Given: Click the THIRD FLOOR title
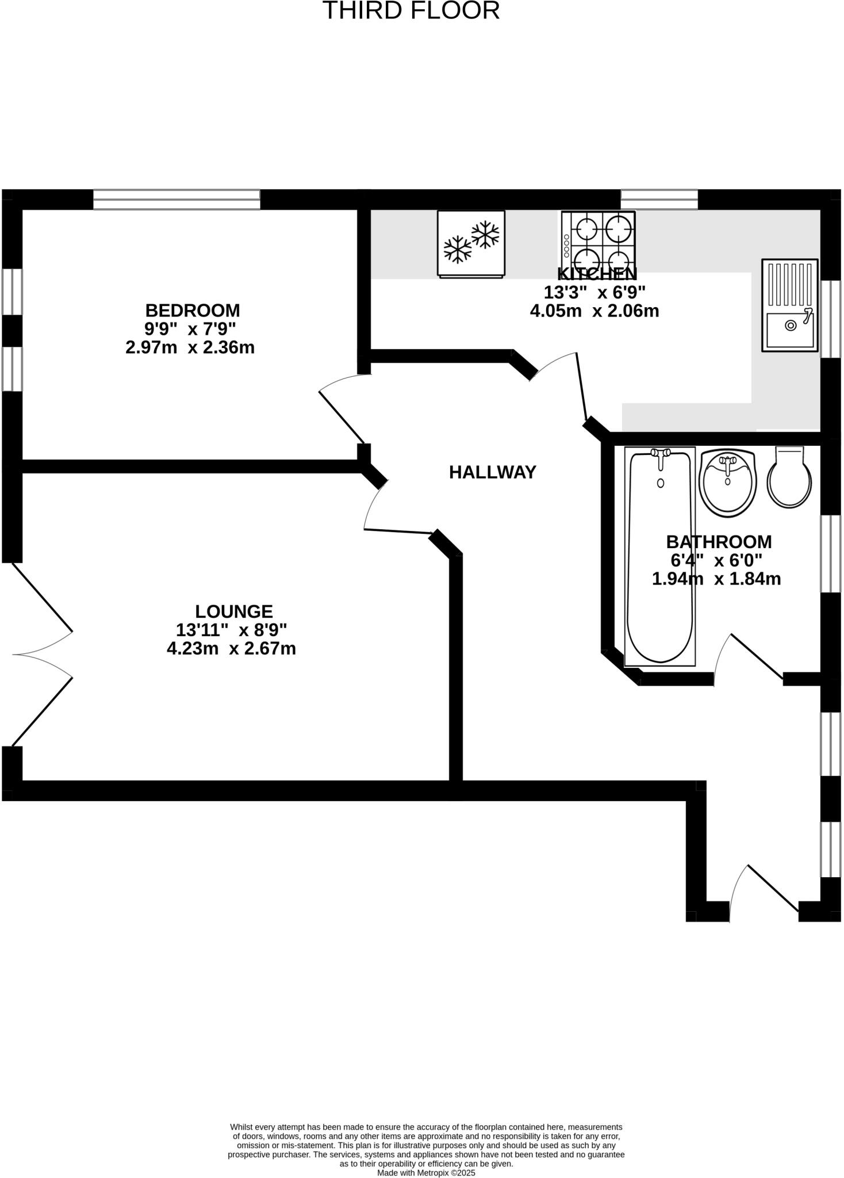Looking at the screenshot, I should tap(411, 11).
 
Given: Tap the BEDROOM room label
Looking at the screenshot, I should tap(192, 311).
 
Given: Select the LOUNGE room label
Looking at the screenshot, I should tap(233, 611).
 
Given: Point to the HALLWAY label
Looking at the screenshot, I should tap(492, 472).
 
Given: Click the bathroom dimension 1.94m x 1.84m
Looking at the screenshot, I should tap(716, 579).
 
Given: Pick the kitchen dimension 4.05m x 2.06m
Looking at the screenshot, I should tap(594, 311).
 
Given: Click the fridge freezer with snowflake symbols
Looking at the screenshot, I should tap(471, 243).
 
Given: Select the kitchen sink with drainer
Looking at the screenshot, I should tap(790, 305).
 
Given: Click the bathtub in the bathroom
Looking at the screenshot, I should tap(660, 556).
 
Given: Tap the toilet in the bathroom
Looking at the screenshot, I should tap(789, 478).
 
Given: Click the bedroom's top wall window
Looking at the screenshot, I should tap(177, 200).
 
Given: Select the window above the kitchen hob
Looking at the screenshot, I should tap(659, 200).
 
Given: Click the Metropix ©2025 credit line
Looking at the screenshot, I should tap(426, 1173).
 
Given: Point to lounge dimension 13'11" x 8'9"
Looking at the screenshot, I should tap(231, 630).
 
